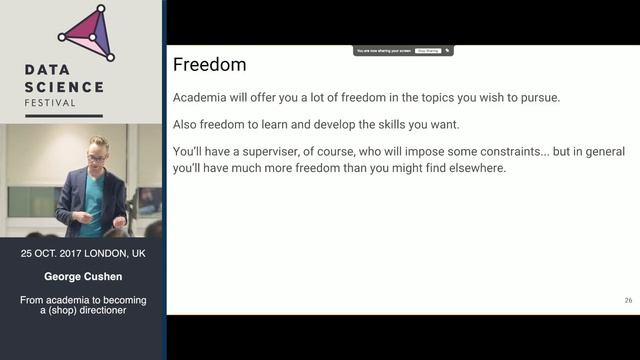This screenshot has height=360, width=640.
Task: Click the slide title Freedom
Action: point(209,65)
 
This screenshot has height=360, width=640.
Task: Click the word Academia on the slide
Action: point(202,97)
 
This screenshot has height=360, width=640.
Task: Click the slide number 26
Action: point(627,300)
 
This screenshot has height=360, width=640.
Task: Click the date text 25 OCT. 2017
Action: point(56,254)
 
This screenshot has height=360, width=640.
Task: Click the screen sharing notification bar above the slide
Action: point(403,50)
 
